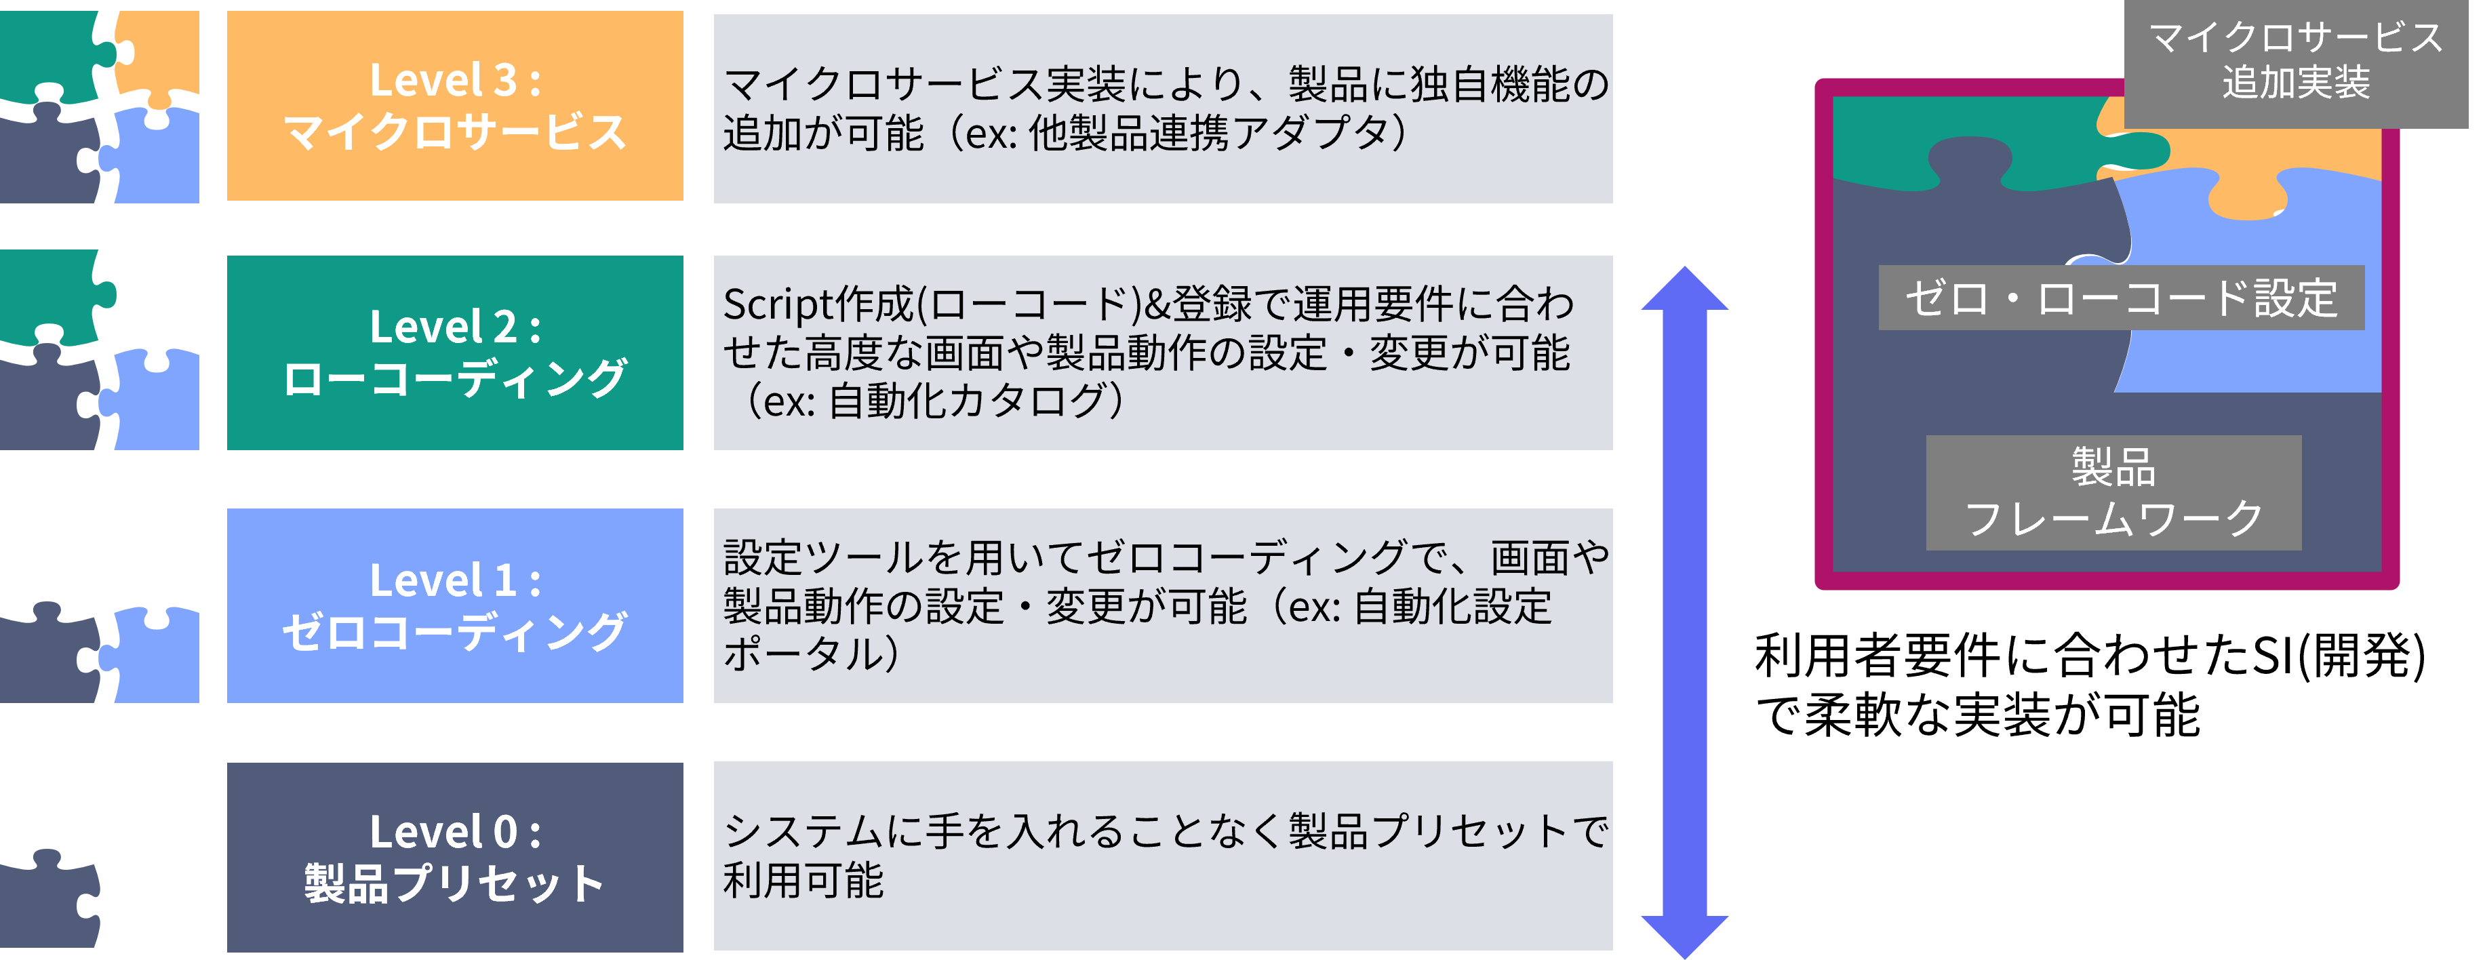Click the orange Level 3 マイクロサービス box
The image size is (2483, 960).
[455, 106]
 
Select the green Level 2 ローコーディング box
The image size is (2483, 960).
[455, 353]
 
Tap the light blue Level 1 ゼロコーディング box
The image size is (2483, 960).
[455, 605]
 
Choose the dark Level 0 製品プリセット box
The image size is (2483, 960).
[455, 857]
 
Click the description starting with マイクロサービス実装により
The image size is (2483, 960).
[1162, 108]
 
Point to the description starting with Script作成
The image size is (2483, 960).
[1162, 353]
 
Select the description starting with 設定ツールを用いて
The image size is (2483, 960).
[1162, 605]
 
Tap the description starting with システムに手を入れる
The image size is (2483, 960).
[1162, 856]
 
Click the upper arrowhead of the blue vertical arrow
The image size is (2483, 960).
[1685, 289]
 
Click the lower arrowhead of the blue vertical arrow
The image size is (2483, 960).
[1685, 935]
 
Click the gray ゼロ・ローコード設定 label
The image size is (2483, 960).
[2120, 298]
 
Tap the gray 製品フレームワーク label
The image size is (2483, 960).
[2113, 492]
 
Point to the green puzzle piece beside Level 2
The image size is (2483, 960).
[48, 294]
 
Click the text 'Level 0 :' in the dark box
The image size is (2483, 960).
[455, 832]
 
